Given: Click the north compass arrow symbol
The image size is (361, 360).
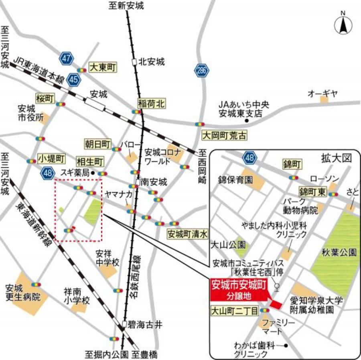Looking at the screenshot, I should (343, 26).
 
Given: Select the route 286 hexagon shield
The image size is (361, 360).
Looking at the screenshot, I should (202, 71).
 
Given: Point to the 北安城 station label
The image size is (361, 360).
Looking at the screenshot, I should (151, 62).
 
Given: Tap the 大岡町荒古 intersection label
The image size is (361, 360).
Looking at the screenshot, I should (224, 135).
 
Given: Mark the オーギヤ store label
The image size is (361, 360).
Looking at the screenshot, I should (323, 94).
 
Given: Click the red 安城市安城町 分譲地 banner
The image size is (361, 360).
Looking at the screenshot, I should (238, 290).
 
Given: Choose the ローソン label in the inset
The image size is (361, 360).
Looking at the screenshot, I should (324, 178).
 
